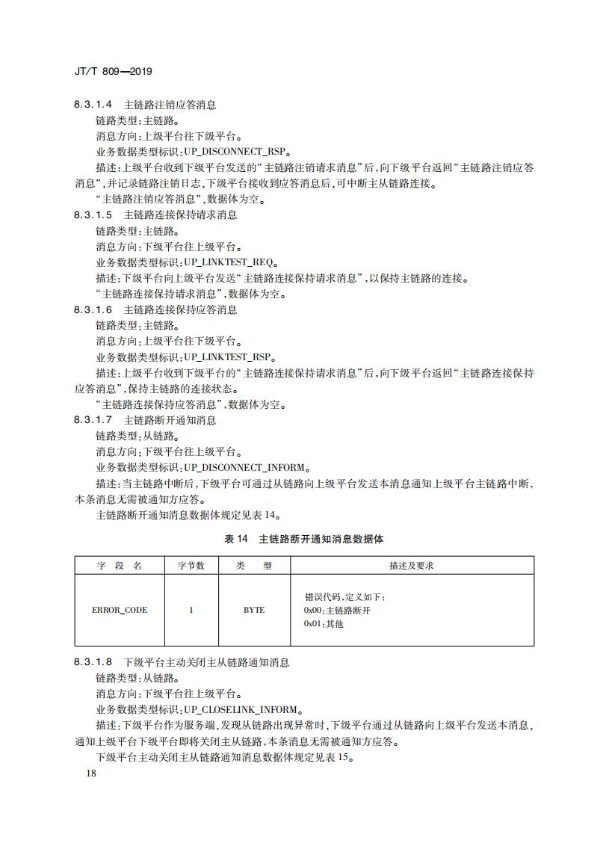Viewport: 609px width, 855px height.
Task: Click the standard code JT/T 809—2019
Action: click(114, 72)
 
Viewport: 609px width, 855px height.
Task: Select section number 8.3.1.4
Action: click(93, 105)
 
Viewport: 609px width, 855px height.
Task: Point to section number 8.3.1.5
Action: click(93, 215)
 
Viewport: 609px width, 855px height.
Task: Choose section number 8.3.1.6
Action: click(93, 309)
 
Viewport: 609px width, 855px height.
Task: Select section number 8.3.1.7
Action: click(93, 420)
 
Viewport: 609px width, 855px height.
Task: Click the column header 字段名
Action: click(120, 566)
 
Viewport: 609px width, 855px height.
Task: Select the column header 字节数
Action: click(191, 566)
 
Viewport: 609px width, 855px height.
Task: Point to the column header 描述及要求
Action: click(412, 566)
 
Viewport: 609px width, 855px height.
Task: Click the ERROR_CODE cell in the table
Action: click(120, 610)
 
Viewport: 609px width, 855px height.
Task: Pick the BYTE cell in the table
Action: click(254, 610)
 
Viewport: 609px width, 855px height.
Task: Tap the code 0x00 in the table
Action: click(313, 611)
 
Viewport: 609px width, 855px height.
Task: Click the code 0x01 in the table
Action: click(313, 624)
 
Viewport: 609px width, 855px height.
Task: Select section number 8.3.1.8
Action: click(93, 662)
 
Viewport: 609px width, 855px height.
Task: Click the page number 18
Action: click(92, 773)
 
